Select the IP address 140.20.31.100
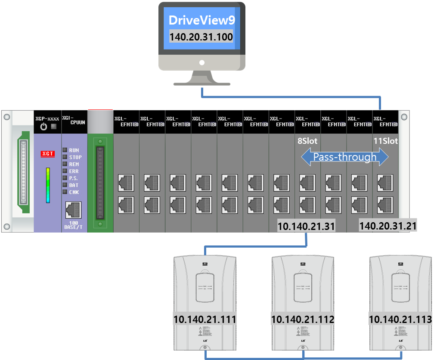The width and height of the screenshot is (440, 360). (x=201, y=37)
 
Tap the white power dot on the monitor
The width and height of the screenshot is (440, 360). (x=201, y=62)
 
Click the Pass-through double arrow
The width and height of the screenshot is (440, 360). (x=344, y=157)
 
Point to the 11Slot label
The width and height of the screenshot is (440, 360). (x=386, y=141)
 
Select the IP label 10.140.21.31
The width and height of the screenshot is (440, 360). (x=306, y=226)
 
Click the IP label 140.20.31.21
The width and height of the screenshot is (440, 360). (x=388, y=226)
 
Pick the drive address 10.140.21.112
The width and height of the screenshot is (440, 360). (x=303, y=319)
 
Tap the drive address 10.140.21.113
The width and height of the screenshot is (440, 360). (x=400, y=319)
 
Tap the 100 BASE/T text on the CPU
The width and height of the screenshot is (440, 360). (x=74, y=225)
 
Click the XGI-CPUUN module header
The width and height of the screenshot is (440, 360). (x=74, y=121)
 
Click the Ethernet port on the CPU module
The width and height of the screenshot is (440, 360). (x=74, y=210)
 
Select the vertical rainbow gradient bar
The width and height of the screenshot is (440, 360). (x=48, y=185)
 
